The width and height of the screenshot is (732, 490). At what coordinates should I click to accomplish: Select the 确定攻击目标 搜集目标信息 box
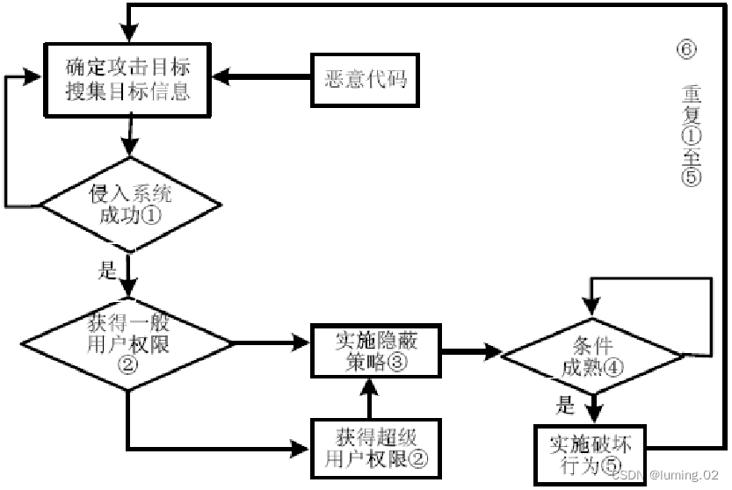pyautogui.click(x=128, y=79)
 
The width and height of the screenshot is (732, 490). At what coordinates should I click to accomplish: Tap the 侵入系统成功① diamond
pyautogui.click(x=129, y=205)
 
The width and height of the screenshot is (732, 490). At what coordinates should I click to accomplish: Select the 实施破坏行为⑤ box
pyautogui.click(x=583, y=451)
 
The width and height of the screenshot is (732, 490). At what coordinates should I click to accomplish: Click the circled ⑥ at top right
pyautogui.click(x=687, y=49)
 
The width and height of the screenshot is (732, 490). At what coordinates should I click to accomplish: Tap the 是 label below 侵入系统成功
pyautogui.click(x=107, y=270)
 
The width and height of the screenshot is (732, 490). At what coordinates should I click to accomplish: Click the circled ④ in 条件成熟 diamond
pyautogui.click(x=612, y=368)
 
